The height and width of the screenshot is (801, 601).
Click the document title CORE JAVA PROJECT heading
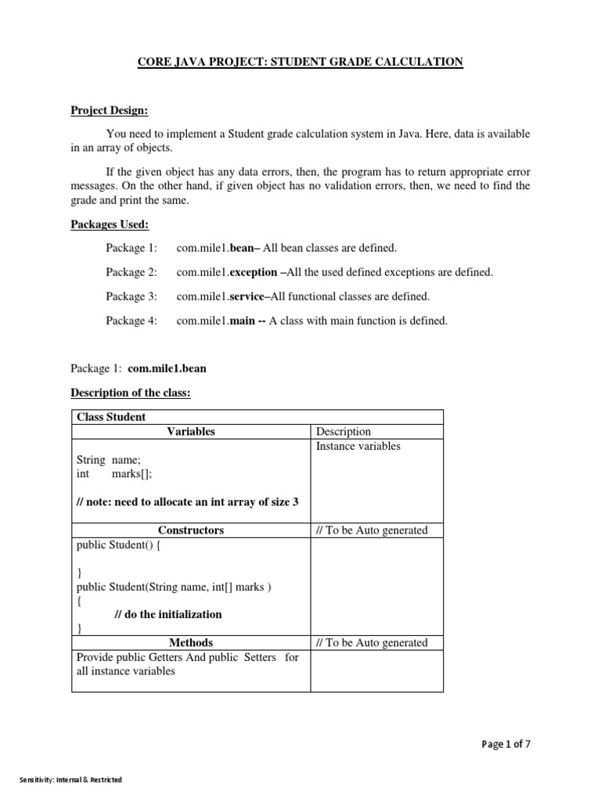(x=300, y=62)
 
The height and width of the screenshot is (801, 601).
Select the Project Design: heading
(x=110, y=111)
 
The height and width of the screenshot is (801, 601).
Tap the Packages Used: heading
(x=110, y=224)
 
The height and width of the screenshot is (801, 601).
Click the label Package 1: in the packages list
(x=131, y=249)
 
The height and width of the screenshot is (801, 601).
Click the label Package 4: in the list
(x=131, y=321)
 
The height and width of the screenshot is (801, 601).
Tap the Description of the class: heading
(x=131, y=393)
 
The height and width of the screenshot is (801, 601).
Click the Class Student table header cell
(x=111, y=417)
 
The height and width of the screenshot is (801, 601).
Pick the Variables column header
(x=191, y=432)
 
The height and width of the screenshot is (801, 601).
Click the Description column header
(x=344, y=432)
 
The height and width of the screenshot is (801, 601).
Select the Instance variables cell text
(x=358, y=447)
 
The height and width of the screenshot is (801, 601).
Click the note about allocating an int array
(x=188, y=502)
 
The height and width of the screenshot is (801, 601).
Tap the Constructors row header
(x=191, y=530)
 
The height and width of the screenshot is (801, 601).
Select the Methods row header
(x=191, y=643)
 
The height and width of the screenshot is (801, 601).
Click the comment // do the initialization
(x=168, y=614)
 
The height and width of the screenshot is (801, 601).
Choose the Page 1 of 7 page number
(x=506, y=745)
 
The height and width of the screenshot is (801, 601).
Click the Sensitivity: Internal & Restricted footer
(x=70, y=780)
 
